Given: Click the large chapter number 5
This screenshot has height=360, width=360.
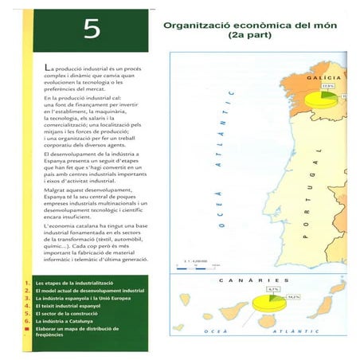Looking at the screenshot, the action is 92,29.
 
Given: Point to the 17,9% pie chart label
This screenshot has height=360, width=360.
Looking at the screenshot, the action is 327,86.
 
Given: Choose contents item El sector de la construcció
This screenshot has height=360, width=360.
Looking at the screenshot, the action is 72,312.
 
